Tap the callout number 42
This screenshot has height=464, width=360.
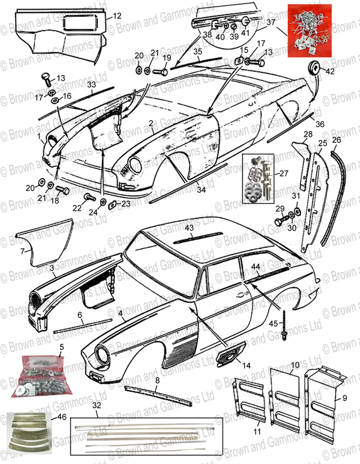(330, 71)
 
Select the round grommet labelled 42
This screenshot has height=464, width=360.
(313, 66)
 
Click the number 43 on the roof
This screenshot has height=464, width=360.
(189, 228)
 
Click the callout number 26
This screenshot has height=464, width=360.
(335, 140)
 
